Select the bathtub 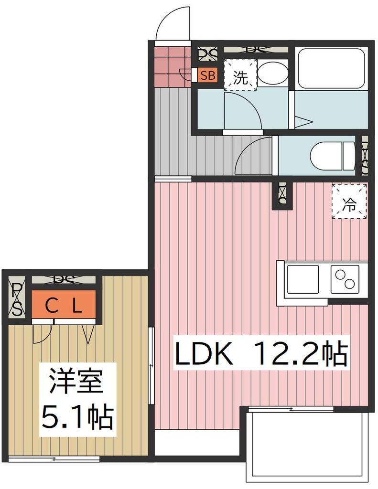click(331, 68)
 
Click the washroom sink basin click(273, 74)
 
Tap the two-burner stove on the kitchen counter click(346, 279)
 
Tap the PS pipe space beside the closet click(17, 298)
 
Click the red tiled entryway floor click(171, 67)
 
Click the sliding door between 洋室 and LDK click(151, 365)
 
